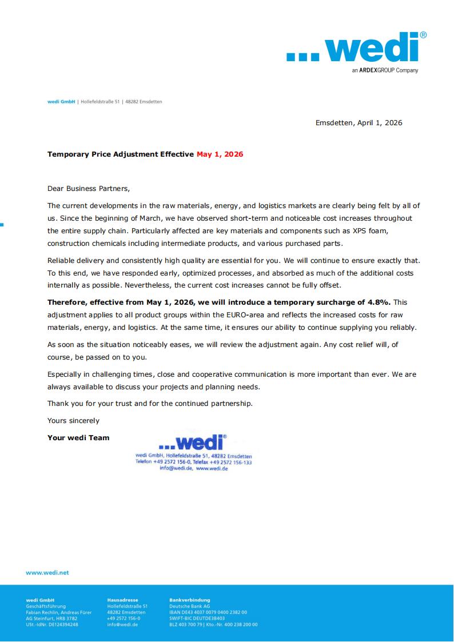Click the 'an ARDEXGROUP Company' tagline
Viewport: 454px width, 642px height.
point(385,71)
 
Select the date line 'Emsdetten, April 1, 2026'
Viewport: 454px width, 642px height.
point(359,122)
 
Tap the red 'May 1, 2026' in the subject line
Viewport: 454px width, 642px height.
point(220,154)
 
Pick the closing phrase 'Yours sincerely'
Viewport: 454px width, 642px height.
point(73,421)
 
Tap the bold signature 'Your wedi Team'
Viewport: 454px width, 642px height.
point(78,438)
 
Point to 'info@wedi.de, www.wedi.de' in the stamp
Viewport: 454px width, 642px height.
point(194,468)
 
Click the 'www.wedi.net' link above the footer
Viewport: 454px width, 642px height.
point(47,572)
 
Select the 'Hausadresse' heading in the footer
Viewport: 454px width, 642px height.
point(122,600)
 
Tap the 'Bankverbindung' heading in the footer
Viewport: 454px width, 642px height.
point(190,600)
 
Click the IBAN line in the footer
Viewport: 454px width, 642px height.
point(208,612)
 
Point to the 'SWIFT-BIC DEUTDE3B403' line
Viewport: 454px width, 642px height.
point(197,619)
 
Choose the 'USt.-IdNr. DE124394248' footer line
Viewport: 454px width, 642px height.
point(52,625)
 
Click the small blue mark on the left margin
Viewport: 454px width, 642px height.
point(2,224)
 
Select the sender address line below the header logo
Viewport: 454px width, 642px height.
point(105,102)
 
